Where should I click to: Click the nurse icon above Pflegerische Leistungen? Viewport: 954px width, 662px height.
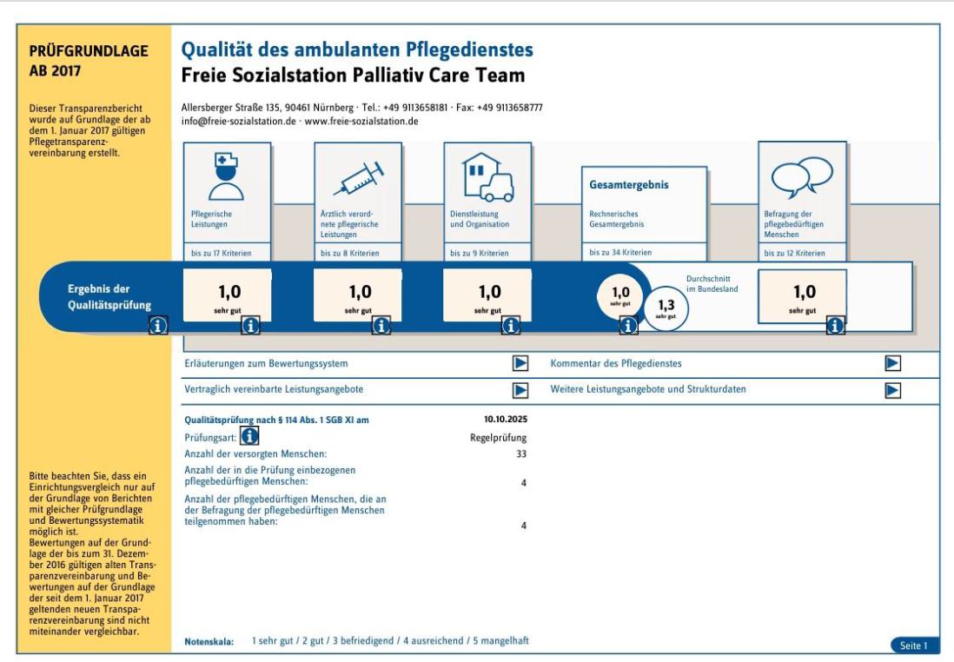tap(226, 176)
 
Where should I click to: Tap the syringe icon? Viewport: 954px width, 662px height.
tap(359, 178)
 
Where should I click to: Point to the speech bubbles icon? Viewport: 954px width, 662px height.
tap(802, 177)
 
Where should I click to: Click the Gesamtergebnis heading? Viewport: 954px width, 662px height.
tap(628, 185)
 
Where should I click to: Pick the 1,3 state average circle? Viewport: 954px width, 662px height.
tap(666, 308)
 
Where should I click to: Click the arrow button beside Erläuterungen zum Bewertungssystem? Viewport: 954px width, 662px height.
tap(520, 363)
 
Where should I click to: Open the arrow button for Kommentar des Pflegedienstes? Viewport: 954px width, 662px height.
tap(892, 363)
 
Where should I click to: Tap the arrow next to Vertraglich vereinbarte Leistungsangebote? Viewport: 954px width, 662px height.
tap(520, 390)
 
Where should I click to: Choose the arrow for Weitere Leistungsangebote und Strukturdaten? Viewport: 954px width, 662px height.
tap(892, 390)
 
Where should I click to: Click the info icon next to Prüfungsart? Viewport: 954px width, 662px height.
tap(249, 435)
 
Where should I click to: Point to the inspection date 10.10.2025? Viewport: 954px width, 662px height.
tap(506, 420)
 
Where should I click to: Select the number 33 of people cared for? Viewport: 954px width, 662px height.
tap(521, 453)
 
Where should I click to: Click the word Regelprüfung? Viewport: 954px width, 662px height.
tap(499, 438)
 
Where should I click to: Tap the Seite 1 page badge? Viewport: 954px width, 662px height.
tap(914, 645)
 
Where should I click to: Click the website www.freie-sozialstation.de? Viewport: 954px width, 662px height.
tap(361, 121)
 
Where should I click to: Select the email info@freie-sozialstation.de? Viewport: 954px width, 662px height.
tap(238, 121)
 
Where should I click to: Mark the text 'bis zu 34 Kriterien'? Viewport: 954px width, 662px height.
tap(620, 253)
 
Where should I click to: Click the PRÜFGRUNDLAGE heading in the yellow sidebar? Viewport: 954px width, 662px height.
tap(89, 51)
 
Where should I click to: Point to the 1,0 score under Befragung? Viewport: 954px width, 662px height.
tap(805, 292)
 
